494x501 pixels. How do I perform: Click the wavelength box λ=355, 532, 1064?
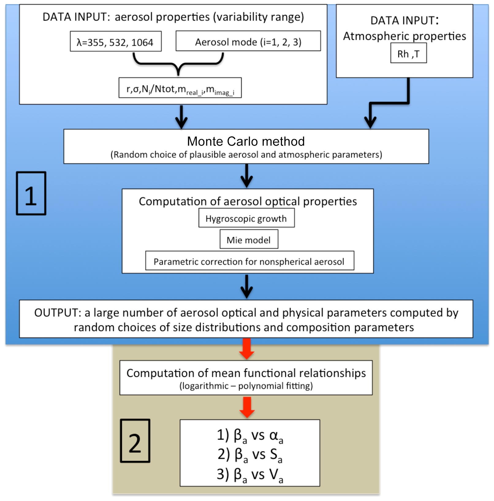coord(116,42)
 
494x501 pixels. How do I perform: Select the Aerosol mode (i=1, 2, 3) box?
coord(248,41)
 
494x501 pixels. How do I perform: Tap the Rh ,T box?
coord(408,53)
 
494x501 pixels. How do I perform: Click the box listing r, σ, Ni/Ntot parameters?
coord(180,88)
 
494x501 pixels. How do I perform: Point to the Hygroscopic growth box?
coord(246,218)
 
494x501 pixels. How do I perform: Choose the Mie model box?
coord(249,240)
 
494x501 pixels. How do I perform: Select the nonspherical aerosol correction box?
coord(249,261)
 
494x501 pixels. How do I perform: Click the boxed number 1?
coord(31,194)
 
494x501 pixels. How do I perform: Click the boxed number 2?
coord(135,441)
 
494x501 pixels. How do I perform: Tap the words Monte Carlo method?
coord(246,141)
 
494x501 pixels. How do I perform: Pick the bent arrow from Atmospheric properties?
coord(389,103)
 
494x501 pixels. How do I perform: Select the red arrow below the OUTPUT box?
coord(246,349)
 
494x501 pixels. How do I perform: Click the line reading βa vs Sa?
coord(250,455)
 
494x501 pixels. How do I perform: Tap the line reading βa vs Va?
coord(250,475)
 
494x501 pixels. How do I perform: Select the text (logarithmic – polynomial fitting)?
coord(246,386)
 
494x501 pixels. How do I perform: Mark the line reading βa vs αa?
coord(250,435)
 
